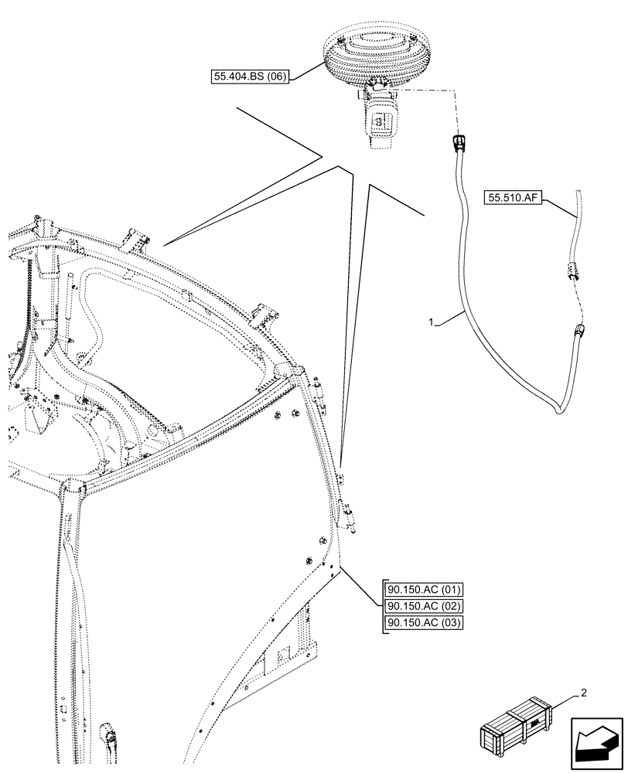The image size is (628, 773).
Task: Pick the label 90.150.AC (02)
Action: click(423, 608)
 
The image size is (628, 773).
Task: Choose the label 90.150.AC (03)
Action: click(423, 624)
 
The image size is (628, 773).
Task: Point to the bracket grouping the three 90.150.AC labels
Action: click(382, 608)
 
